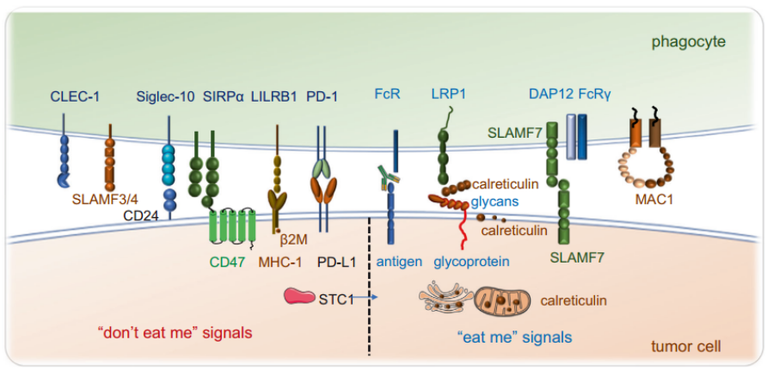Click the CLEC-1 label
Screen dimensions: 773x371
[x=75, y=96]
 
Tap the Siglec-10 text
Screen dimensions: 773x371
[x=166, y=96]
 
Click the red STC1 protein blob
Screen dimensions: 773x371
[x=298, y=296]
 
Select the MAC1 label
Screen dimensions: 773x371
[x=645, y=201]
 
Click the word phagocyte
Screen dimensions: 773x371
[x=688, y=42]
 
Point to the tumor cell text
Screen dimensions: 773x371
[x=686, y=346]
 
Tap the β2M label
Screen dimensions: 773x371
[x=294, y=240]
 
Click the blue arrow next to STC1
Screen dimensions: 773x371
[x=365, y=297]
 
